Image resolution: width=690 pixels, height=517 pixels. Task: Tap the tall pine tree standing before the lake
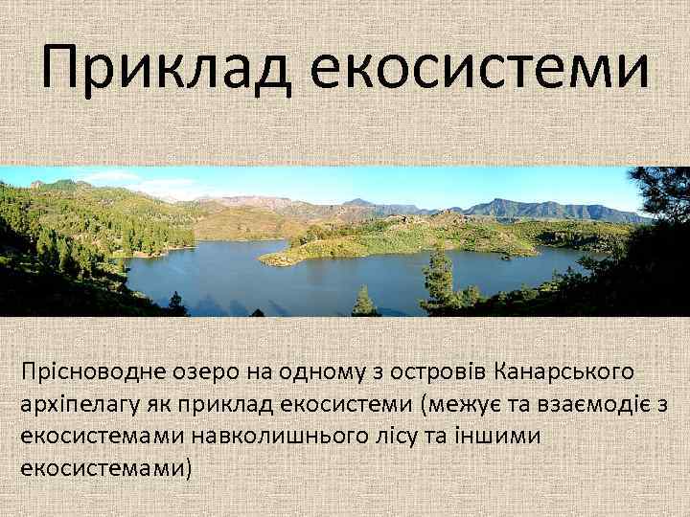click(x=440, y=278)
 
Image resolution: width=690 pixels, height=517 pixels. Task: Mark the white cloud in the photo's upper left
click(x=110, y=176)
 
